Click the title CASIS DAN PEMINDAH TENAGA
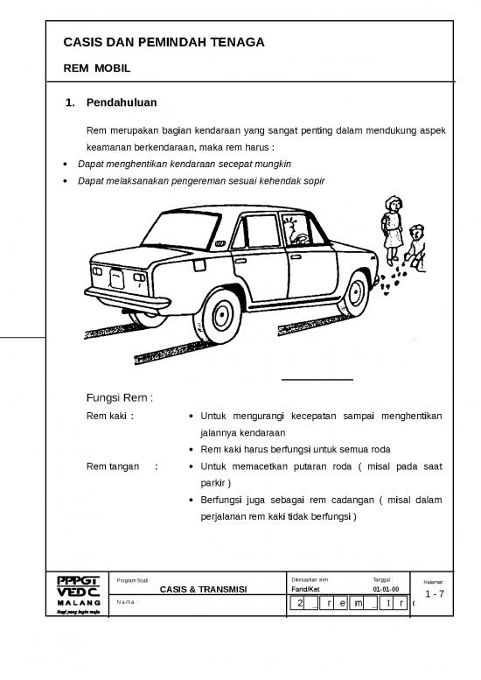(x=164, y=43)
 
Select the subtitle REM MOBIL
(x=97, y=67)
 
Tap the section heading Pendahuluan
(x=121, y=103)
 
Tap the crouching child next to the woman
(x=416, y=246)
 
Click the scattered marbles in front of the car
(x=395, y=276)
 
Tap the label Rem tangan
(x=113, y=466)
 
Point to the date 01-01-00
(x=386, y=590)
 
